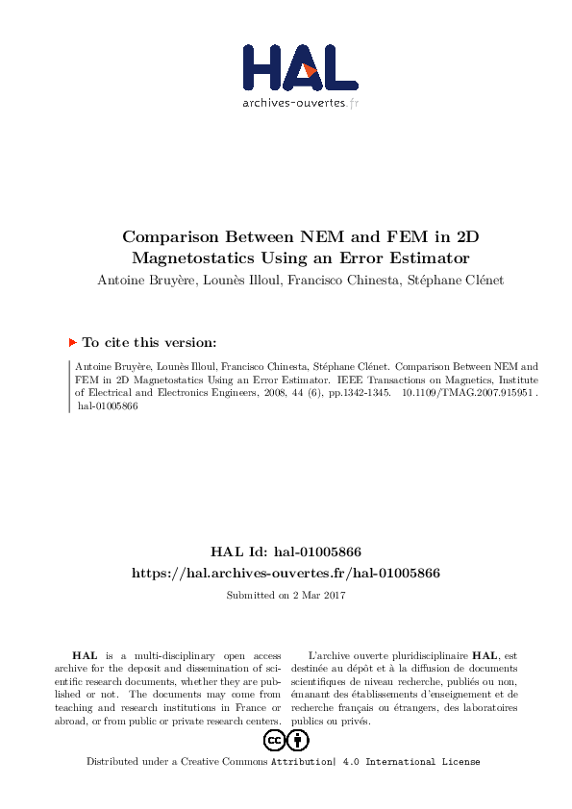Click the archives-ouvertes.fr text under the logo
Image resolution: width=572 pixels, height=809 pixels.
pyautogui.click(x=300, y=102)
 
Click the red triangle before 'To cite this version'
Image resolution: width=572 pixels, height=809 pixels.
pyautogui.click(x=73, y=342)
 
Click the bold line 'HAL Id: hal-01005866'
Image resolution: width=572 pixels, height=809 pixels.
pyautogui.click(x=286, y=552)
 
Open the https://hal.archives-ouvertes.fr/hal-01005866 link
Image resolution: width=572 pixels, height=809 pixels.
pyautogui.click(x=286, y=573)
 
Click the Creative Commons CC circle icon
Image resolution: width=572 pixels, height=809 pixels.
pyautogui.click(x=274, y=740)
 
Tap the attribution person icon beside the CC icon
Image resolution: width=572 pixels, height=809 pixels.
pyautogui.click(x=298, y=740)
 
